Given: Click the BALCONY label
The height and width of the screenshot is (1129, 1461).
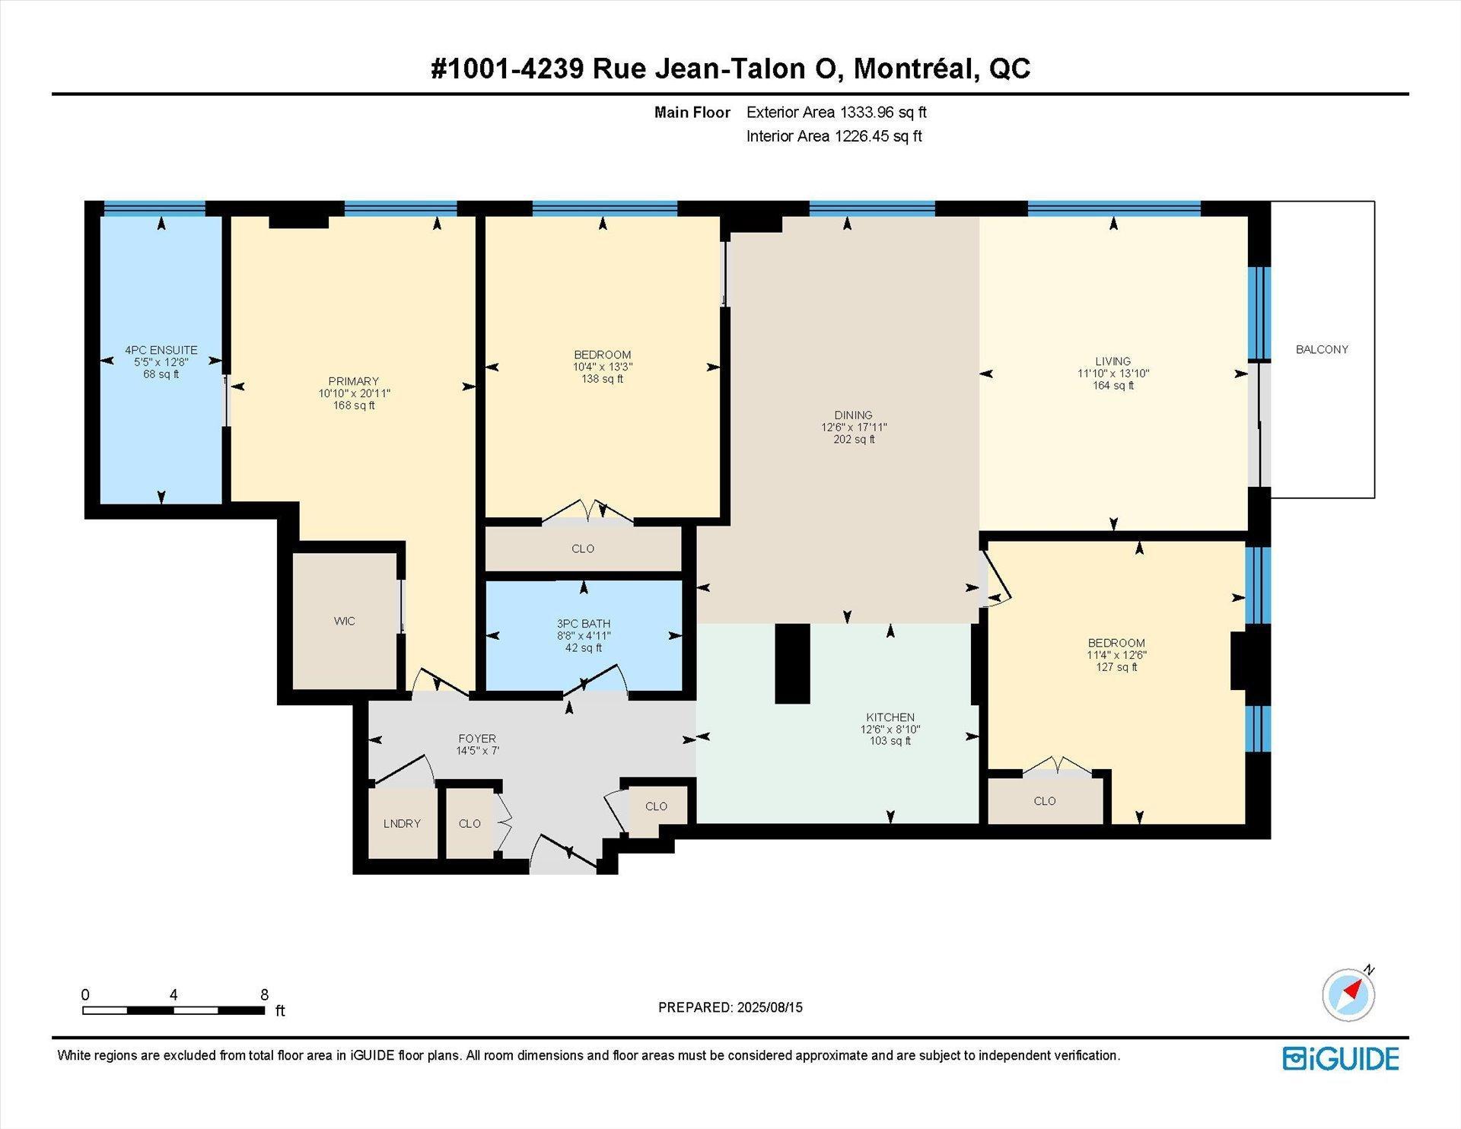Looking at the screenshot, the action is click(x=1322, y=349).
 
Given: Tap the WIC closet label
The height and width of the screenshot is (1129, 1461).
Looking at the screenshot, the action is click(x=344, y=621).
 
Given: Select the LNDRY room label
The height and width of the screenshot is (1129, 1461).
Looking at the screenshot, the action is click(x=402, y=823).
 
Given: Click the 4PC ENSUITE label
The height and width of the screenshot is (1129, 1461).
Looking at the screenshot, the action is click(x=161, y=350).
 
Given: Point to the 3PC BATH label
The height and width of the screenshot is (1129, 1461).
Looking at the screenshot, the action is click(x=584, y=624).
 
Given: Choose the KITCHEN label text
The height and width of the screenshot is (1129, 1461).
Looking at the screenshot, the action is click(x=890, y=717).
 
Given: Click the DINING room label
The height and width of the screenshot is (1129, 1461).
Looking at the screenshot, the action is click(x=853, y=415).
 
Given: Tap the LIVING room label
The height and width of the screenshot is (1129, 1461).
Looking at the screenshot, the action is click(x=1113, y=361).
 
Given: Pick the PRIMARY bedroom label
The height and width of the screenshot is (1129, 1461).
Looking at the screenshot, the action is click(x=354, y=381).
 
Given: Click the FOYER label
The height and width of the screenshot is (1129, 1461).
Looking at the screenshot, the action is click(x=477, y=739).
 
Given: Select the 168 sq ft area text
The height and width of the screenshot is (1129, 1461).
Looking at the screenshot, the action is click(x=354, y=405).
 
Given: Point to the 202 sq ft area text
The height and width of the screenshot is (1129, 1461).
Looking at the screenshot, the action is click(x=854, y=440).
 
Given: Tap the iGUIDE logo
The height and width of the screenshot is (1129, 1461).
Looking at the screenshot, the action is click(x=1341, y=1058).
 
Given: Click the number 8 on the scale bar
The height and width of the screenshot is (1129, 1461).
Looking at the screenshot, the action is click(x=264, y=994).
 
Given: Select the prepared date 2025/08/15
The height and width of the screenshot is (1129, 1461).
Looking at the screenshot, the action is click(x=769, y=1007).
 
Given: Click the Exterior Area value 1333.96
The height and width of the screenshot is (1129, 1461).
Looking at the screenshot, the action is click(x=866, y=113).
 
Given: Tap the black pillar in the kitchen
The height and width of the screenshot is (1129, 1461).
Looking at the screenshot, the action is click(x=792, y=663).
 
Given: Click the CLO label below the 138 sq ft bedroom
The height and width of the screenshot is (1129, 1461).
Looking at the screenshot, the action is click(x=583, y=549).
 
